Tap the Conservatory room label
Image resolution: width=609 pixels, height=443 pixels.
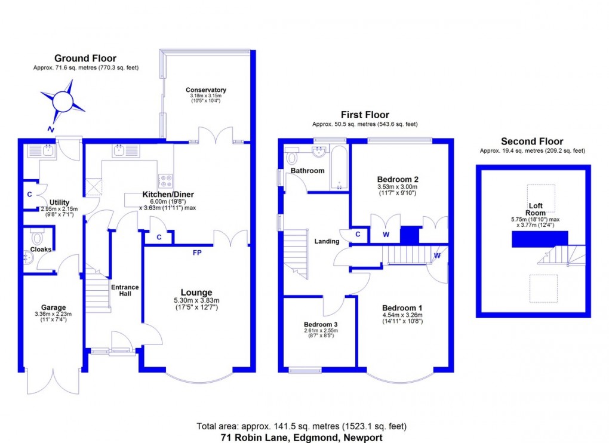click(x=206, y=90)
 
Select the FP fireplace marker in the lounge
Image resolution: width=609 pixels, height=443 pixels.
click(x=197, y=253)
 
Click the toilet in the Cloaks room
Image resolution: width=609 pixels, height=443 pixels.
click(x=38, y=238)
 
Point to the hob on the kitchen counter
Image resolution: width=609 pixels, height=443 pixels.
click(x=166, y=180)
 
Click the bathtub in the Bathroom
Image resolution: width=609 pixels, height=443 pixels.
click(x=339, y=167)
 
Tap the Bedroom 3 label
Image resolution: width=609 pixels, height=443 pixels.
click(x=321, y=325)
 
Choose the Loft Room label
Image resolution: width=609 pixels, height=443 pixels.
click(x=535, y=210)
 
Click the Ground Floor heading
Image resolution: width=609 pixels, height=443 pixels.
click(x=85, y=59)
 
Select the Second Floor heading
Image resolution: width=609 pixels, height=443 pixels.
click(x=532, y=141)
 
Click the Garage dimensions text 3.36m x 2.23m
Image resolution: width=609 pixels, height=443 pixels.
click(x=53, y=314)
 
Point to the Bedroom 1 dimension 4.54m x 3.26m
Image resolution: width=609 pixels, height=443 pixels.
click(x=402, y=315)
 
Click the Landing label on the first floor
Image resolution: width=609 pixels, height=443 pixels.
click(x=327, y=241)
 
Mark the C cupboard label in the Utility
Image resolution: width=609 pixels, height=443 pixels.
click(x=29, y=195)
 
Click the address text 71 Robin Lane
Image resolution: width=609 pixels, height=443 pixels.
click(x=254, y=438)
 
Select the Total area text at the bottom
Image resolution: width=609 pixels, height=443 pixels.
click(x=302, y=426)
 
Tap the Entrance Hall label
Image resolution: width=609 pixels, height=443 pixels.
click(x=125, y=290)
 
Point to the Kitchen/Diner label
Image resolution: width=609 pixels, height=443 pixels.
click(x=168, y=195)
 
